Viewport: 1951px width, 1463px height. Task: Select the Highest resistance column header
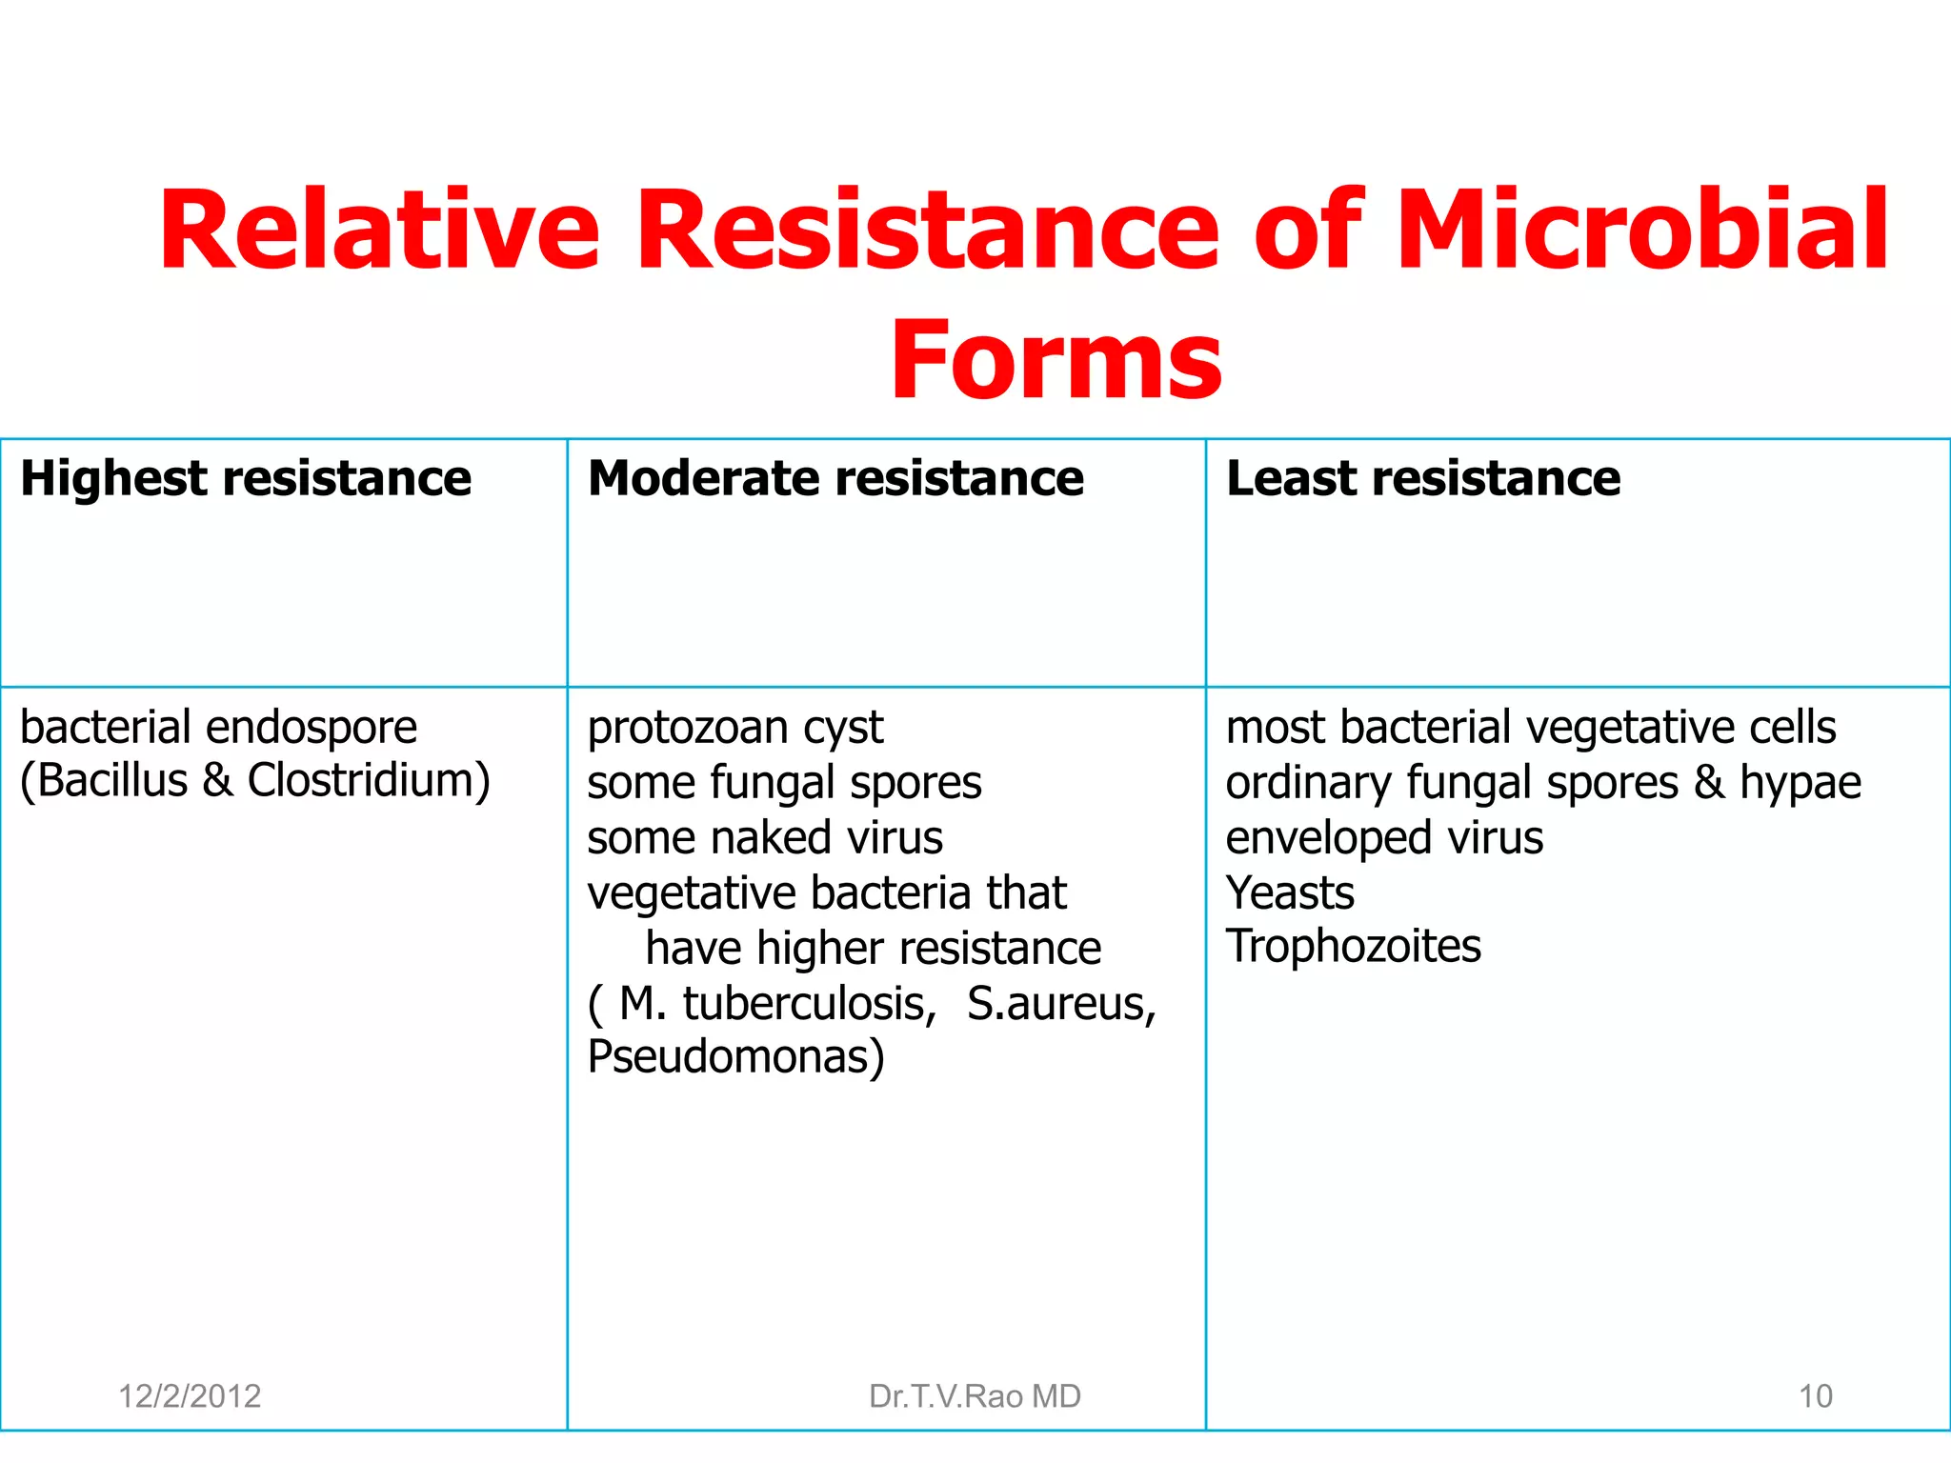246,478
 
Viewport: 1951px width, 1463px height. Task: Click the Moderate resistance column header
835,478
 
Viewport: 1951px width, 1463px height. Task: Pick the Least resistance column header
1423,478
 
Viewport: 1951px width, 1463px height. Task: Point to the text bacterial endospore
218,728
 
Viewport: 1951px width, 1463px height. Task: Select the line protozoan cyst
735,729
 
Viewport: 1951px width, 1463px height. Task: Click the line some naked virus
765,838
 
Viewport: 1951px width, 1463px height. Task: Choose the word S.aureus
1061,1004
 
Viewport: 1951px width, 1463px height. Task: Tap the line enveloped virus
1384,838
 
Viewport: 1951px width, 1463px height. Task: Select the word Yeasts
1290,893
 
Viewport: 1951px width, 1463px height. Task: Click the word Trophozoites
1354,947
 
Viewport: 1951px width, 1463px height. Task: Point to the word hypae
1800,784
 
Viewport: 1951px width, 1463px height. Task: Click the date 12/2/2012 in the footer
190,1396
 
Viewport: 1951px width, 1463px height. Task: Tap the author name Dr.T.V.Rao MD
975,1396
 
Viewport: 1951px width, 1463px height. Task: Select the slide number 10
1815,1396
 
